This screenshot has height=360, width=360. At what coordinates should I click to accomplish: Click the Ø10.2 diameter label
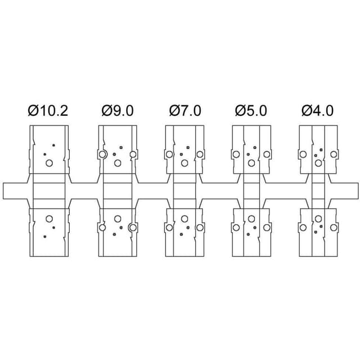(48, 111)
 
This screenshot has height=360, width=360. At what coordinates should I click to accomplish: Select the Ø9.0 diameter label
(118, 111)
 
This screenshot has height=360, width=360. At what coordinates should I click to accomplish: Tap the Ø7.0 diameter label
(185, 111)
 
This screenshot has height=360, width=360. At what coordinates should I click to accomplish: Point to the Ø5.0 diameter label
(251, 111)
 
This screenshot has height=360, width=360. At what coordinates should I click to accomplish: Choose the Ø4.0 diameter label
(317, 111)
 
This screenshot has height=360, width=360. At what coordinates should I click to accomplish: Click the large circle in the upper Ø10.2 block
(49, 163)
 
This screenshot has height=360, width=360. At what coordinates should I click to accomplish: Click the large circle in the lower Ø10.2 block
(49, 219)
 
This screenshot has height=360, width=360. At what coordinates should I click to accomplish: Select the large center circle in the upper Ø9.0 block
(118, 163)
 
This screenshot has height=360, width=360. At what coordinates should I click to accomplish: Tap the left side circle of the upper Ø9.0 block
(102, 154)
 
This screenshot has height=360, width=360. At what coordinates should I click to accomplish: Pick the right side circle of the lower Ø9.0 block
(133, 227)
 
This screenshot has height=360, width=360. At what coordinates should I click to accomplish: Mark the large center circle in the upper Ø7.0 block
(184, 163)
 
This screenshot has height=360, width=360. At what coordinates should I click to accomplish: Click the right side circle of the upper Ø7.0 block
(200, 154)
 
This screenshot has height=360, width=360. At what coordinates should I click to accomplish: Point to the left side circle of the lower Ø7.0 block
(169, 227)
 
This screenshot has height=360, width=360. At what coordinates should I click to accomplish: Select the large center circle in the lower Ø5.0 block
(251, 219)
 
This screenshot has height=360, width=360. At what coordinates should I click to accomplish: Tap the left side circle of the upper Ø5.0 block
(236, 154)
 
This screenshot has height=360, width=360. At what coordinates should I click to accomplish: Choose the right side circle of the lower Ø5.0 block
(267, 227)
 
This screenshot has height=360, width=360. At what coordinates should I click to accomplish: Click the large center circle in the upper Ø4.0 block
(318, 163)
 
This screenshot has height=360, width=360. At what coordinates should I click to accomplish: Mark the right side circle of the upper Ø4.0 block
(334, 154)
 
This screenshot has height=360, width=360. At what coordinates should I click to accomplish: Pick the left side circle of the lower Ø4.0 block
(303, 227)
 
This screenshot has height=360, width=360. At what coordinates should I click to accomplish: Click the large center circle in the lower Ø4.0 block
(318, 219)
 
